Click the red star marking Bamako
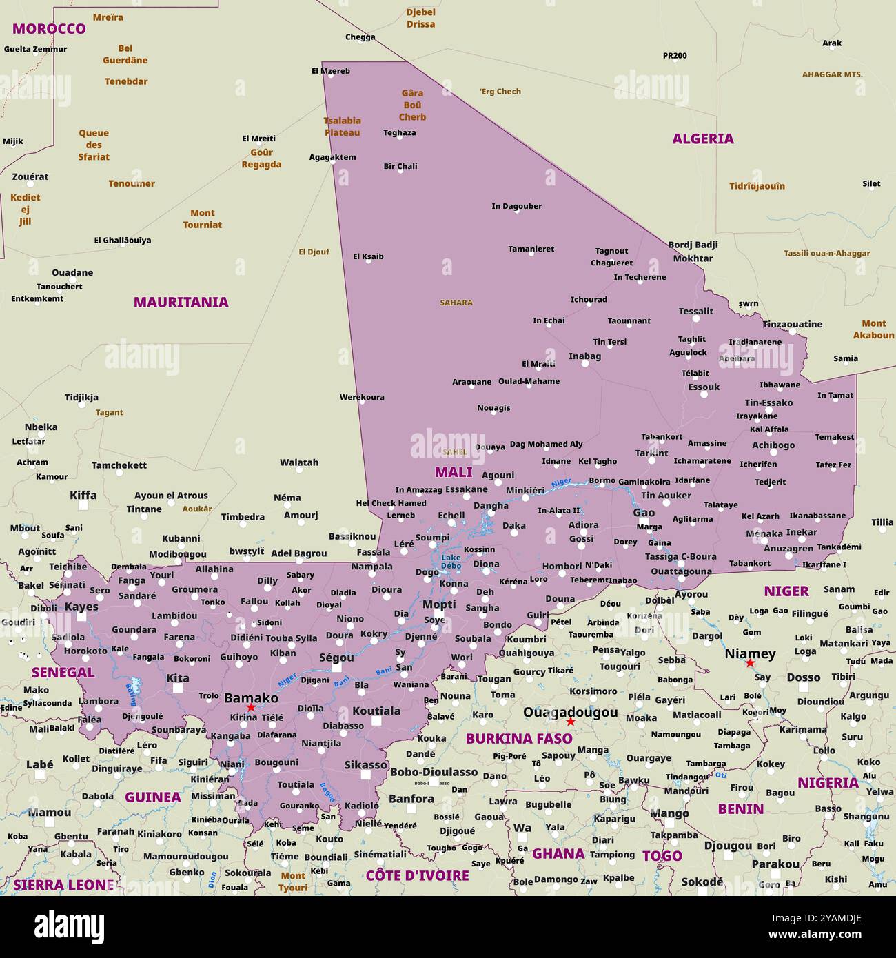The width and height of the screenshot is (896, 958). point(251,708)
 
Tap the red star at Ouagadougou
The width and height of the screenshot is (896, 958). point(570,722)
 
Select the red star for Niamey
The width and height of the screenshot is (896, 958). point(750,663)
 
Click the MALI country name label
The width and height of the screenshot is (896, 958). point(454,472)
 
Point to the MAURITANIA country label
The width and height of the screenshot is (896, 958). point(181,302)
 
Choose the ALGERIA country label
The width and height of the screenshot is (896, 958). point(703,139)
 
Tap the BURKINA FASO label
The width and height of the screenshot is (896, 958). point(519,739)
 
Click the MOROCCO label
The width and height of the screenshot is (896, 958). point(49,28)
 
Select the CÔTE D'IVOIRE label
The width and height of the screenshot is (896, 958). point(417,875)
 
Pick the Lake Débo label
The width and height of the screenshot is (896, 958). point(451,561)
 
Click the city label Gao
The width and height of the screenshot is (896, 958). point(644,512)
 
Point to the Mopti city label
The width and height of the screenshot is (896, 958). point(439,604)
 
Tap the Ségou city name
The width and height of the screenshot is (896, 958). point(336,658)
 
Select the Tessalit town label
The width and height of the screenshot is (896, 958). point(695,311)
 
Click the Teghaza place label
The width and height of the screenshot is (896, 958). point(400,132)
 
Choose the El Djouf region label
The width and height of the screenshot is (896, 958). point(314,252)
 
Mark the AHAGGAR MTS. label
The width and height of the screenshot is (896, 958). point(832,74)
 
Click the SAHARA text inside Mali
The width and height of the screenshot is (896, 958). point(456,303)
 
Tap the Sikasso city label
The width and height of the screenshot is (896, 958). point(365,764)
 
